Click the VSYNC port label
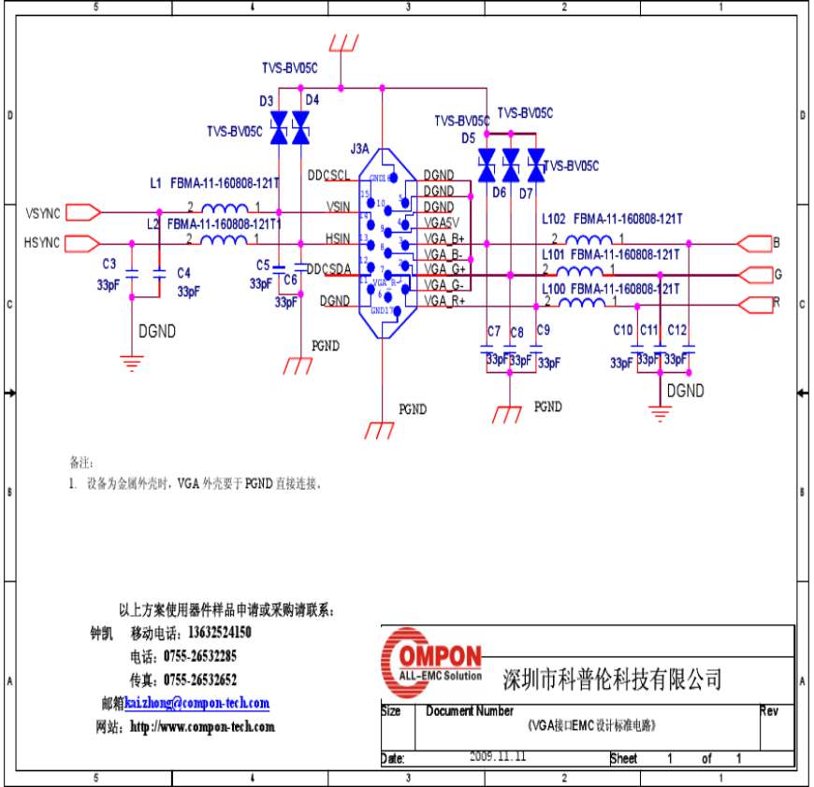42,212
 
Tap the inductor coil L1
225,209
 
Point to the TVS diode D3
279,128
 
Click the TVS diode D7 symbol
536,165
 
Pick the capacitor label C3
109,265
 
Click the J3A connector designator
359,149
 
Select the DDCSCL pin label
328,175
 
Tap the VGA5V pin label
441,222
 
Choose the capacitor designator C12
677,330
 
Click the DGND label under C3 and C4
156,330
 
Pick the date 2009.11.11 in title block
498,757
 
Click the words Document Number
470,711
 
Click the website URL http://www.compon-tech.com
202,726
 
